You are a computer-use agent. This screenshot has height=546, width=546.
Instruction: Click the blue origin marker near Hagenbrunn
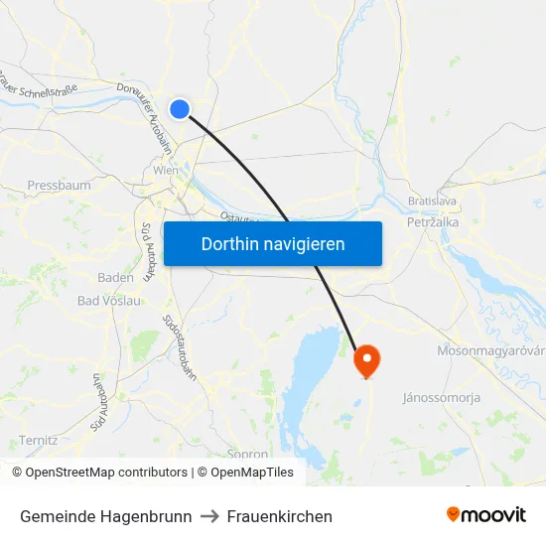[x=180, y=109]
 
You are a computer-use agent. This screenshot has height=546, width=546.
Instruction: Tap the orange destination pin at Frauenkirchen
[x=366, y=360]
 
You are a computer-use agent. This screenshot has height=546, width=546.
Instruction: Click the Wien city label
[x=166, y=171]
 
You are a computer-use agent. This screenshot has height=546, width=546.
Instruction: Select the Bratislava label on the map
[x=432, y=202]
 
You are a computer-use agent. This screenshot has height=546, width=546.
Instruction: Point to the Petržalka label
[x=432, y=223]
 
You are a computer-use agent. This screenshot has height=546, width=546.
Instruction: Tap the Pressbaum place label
[x=59, y=186]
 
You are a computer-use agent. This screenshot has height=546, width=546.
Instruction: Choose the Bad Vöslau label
[x=108, y=301]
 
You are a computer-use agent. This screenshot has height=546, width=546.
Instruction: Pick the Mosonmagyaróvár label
[x=490, y=351]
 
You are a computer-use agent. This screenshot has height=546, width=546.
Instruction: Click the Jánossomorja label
[x=441, y=398]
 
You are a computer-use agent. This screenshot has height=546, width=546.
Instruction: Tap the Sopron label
[x=247, y=454]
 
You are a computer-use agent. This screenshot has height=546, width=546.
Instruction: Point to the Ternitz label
[x=38, y=440]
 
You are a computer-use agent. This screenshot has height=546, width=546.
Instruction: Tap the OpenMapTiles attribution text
[x=251, y=473]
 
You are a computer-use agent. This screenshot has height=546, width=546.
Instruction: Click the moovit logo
[x=485, y=515]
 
